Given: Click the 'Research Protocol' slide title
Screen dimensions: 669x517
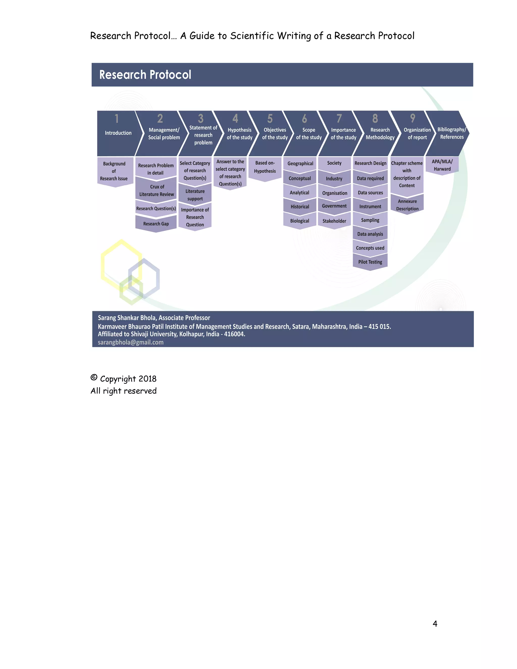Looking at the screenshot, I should [x=145, y=75].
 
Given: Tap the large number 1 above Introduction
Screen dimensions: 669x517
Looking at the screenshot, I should [x=116, y=119].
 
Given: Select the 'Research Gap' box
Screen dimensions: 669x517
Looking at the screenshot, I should [x=156, y=224].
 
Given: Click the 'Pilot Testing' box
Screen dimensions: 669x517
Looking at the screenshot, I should [x=370, y=262].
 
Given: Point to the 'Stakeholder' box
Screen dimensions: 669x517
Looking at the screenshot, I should [x=334, y=221].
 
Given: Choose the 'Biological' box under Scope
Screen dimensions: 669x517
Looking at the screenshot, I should [x=300, y=221].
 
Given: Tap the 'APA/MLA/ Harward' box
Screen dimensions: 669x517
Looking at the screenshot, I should [x=442, y=165].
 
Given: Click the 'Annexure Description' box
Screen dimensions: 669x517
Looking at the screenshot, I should [x=407, y=205].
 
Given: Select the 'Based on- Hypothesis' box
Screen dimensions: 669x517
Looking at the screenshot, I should [x=265, y=167].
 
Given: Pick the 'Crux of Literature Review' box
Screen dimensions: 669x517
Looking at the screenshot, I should [x=157, y=190].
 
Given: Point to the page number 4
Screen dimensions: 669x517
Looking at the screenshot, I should [x=435, y=623].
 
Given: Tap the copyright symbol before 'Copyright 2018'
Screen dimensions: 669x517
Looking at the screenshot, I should [x=94, y=377].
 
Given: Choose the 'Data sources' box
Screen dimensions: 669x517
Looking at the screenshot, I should [x=370, y=193].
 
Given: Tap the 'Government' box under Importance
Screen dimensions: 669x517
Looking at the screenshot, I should [x=334, y=206].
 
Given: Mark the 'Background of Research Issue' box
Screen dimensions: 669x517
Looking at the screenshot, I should [x=114, y=171].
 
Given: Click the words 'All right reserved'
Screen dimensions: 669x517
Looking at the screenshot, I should [x=124, y=391].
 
